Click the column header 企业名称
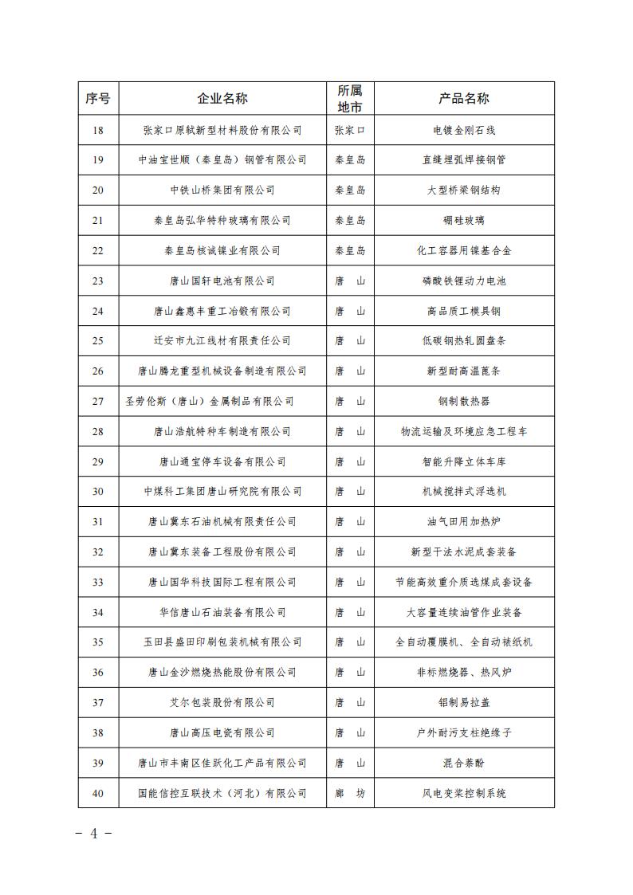(x=222, y=99)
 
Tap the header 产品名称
(x=464, y=99)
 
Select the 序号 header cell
(x=98, y=99)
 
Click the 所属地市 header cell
(x=350, y=99)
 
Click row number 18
(x=98, y=130)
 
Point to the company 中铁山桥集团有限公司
(x=222, y=190)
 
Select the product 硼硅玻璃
(x=464, y=221)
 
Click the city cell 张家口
(x=350, y=130)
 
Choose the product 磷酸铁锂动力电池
(x=464, y=281)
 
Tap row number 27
(x=98, y=402)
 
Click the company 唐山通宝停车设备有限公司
(x=222, y=462)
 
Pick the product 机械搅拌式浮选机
(x=464, y=492)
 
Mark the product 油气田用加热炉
(x=464, y=522)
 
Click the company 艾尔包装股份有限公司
(x=222, y=703)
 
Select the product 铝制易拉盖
(x=464, y=703)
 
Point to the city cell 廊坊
(x=350, y=794)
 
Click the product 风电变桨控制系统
(x=464, y=794)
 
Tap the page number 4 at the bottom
(x=93, y=834)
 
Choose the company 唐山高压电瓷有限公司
(x=222, y=733)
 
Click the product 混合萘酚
(x=464, y=763)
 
